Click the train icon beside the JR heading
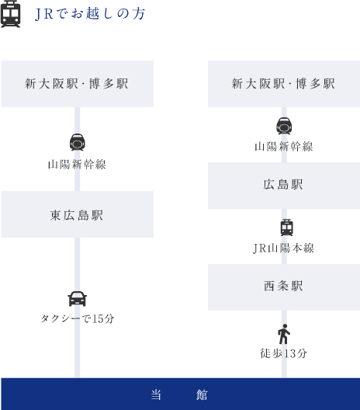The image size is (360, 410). [x=10, y=14]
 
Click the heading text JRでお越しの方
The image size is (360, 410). [x=90, y=14]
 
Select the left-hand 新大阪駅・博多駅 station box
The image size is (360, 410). [x=78, y=84]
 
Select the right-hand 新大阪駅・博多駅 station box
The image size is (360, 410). [x=284, y=84]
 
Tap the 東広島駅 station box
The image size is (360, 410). [x=78, y=214]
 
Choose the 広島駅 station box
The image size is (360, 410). [x=284, y=186]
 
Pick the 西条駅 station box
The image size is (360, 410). [x=284, y=287]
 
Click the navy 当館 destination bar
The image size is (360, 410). [x=181, y=394]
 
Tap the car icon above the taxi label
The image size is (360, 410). [x=78, y=299]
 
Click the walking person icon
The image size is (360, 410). [x=284, y=334]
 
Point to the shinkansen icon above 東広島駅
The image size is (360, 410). [x=78, y=142]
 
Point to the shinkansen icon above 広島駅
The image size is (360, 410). [x=284, y=126]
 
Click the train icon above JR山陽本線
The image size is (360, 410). [x=287, y=228]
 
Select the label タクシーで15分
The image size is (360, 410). [x=78, y=318]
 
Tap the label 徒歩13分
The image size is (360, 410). [x=284, y=353]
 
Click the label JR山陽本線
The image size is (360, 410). [x=284, y=248]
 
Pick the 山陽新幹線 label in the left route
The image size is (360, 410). [x=77, y=165]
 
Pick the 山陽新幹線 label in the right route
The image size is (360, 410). [x=284, y=147]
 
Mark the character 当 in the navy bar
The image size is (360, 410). [x=157, y=394]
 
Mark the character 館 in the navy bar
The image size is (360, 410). [x=202, y=394]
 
